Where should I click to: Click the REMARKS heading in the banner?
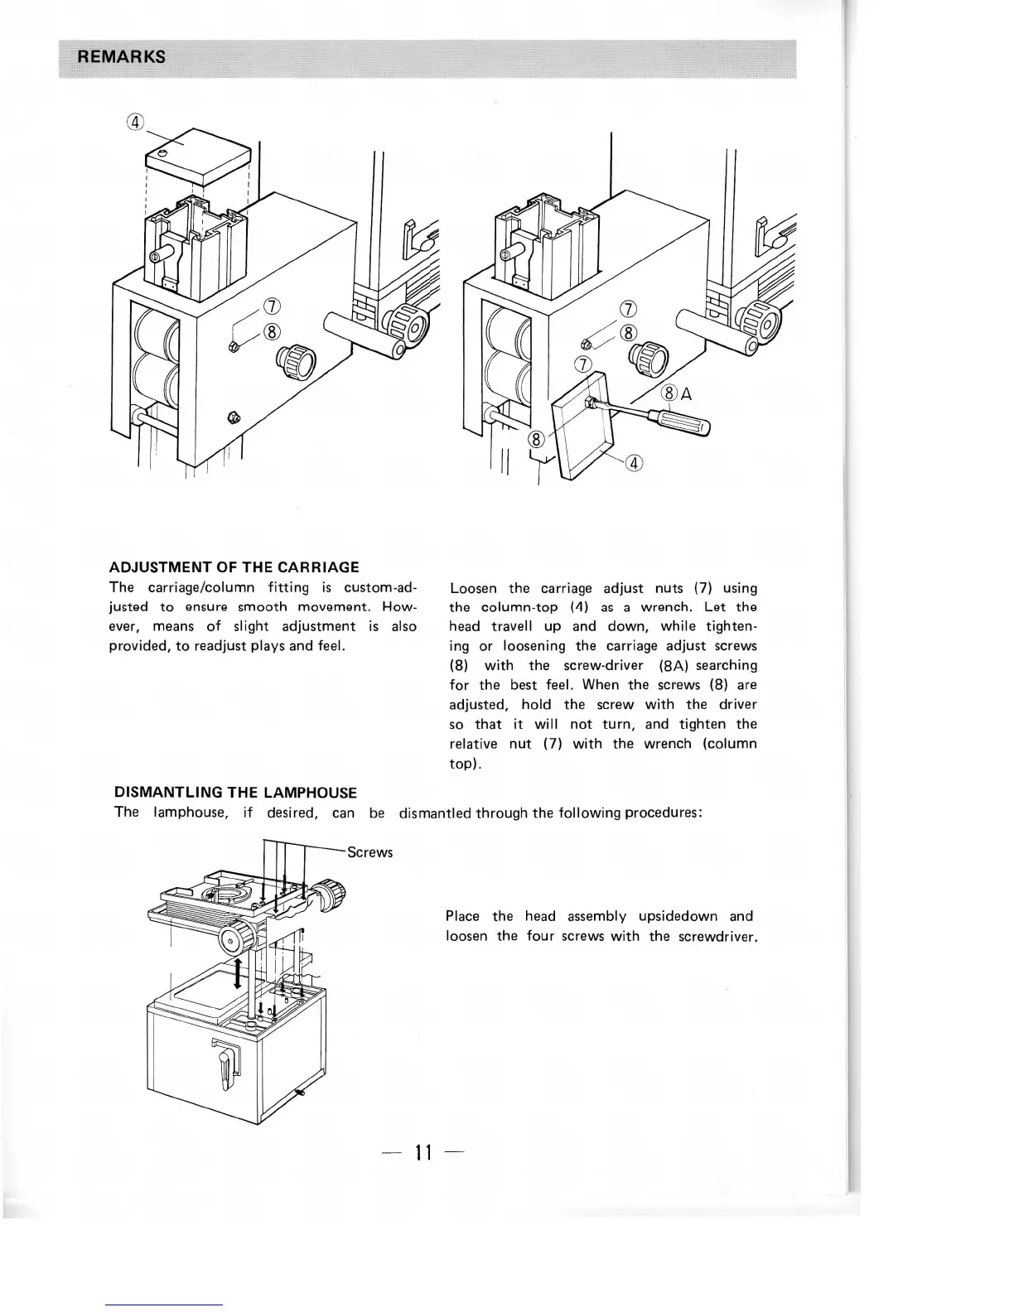coord(121,57)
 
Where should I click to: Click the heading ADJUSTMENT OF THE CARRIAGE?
coord(234,567)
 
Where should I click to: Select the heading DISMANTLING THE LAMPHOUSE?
coord(235,793)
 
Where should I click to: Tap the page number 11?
coord(424,1152)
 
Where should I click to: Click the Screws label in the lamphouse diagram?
coord(369,852)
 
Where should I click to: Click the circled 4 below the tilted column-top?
coord(633,463)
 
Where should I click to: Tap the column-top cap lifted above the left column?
coord(199,157)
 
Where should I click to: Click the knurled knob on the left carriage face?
coord(295,362)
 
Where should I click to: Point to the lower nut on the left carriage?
coord(234,417)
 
